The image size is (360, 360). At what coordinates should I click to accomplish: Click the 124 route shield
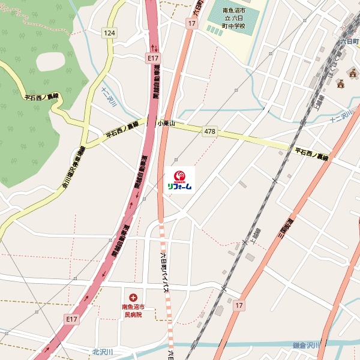coord(109,32)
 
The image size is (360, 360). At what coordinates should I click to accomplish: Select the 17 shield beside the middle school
coord(191,23)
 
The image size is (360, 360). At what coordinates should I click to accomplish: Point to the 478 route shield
coord(209,131)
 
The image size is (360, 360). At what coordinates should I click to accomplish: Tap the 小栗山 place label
coord(166,122)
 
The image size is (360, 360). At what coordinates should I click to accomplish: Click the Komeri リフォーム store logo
coord(179,179)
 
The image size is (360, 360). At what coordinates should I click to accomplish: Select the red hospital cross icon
coord(133,296)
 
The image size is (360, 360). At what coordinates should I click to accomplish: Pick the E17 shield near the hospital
coord(72,319)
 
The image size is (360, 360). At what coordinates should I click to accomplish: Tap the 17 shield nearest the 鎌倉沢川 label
coord(239,305)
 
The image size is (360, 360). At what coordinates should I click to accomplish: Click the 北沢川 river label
coord(103,351)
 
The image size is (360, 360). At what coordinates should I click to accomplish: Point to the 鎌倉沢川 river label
coord(307,345)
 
